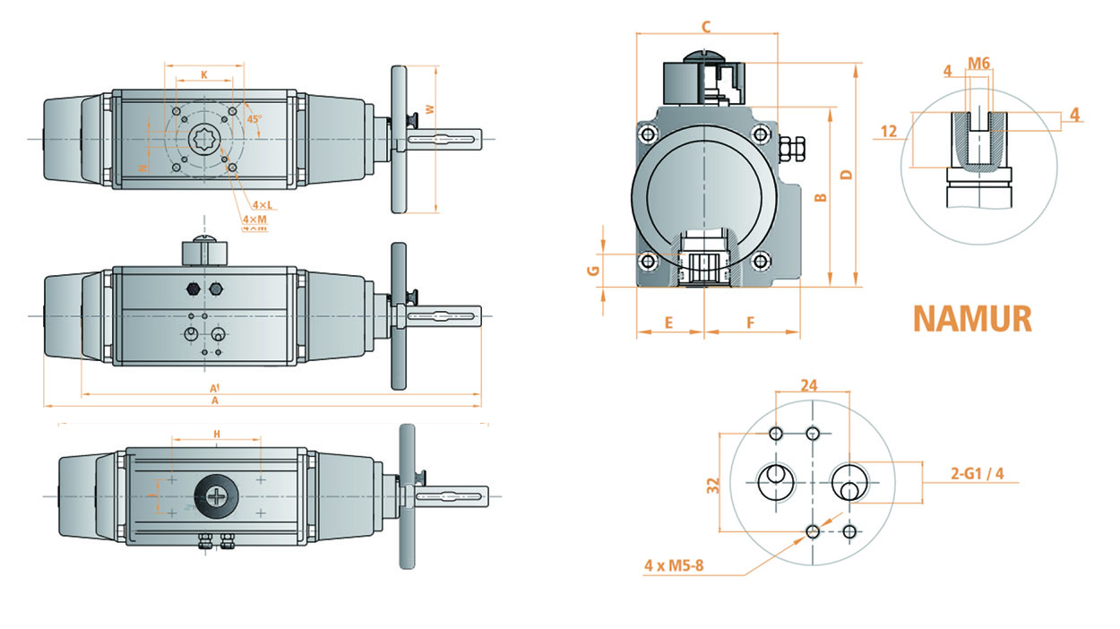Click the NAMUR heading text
(972, 319)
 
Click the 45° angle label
(254, 119)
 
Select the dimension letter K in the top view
(204, 75)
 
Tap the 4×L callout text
(262, 205)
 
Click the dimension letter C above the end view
(706, 27)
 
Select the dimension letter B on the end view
(818, 197)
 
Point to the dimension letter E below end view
(668, 322)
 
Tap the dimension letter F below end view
(750, 322)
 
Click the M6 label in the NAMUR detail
(978, 63)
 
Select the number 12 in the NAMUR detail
(888, 131)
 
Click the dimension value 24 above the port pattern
(809, 385)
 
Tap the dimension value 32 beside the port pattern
(712, 486)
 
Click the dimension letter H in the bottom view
(216, 434)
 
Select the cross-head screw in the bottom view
(216, 495)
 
